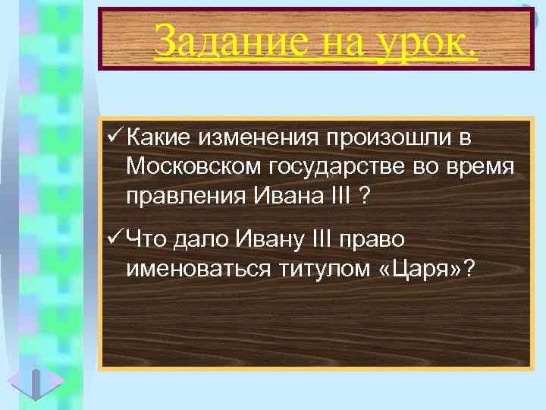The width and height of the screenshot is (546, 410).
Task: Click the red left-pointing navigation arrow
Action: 21,380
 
